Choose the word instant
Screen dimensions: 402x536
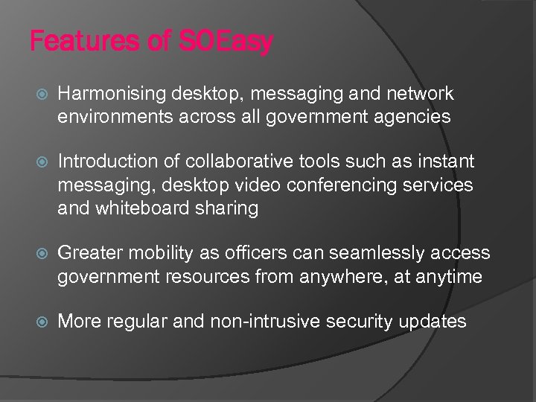[x=445, y=162]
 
